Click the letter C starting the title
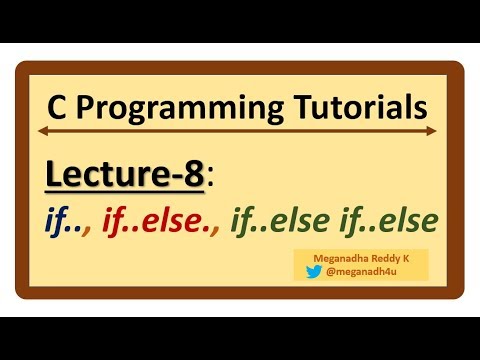[x=57, y=106]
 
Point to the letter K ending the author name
[x=410, y=257]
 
